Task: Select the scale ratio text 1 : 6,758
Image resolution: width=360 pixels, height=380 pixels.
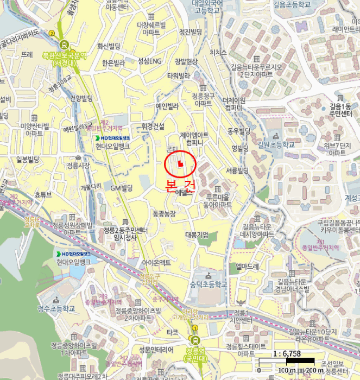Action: (x=288, y=354)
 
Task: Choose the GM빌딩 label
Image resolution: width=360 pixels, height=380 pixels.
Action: (x=122, y=188)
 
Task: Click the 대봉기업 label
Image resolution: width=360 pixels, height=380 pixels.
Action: (x=197, y=235)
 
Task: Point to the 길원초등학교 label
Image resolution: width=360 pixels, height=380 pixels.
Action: (x=276, y=145)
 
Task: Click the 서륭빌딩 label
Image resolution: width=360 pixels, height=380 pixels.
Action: (x=237, y=170)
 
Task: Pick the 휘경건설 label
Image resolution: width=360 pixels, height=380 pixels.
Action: (x=153, y=126)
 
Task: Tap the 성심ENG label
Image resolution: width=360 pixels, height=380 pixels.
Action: (x=150, y=60)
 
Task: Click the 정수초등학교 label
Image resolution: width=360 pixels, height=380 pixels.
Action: (x=56, y=309)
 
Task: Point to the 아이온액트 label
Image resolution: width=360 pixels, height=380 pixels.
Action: (x=156, y=262)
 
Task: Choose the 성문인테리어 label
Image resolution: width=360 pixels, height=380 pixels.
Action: (x=156, y=349)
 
